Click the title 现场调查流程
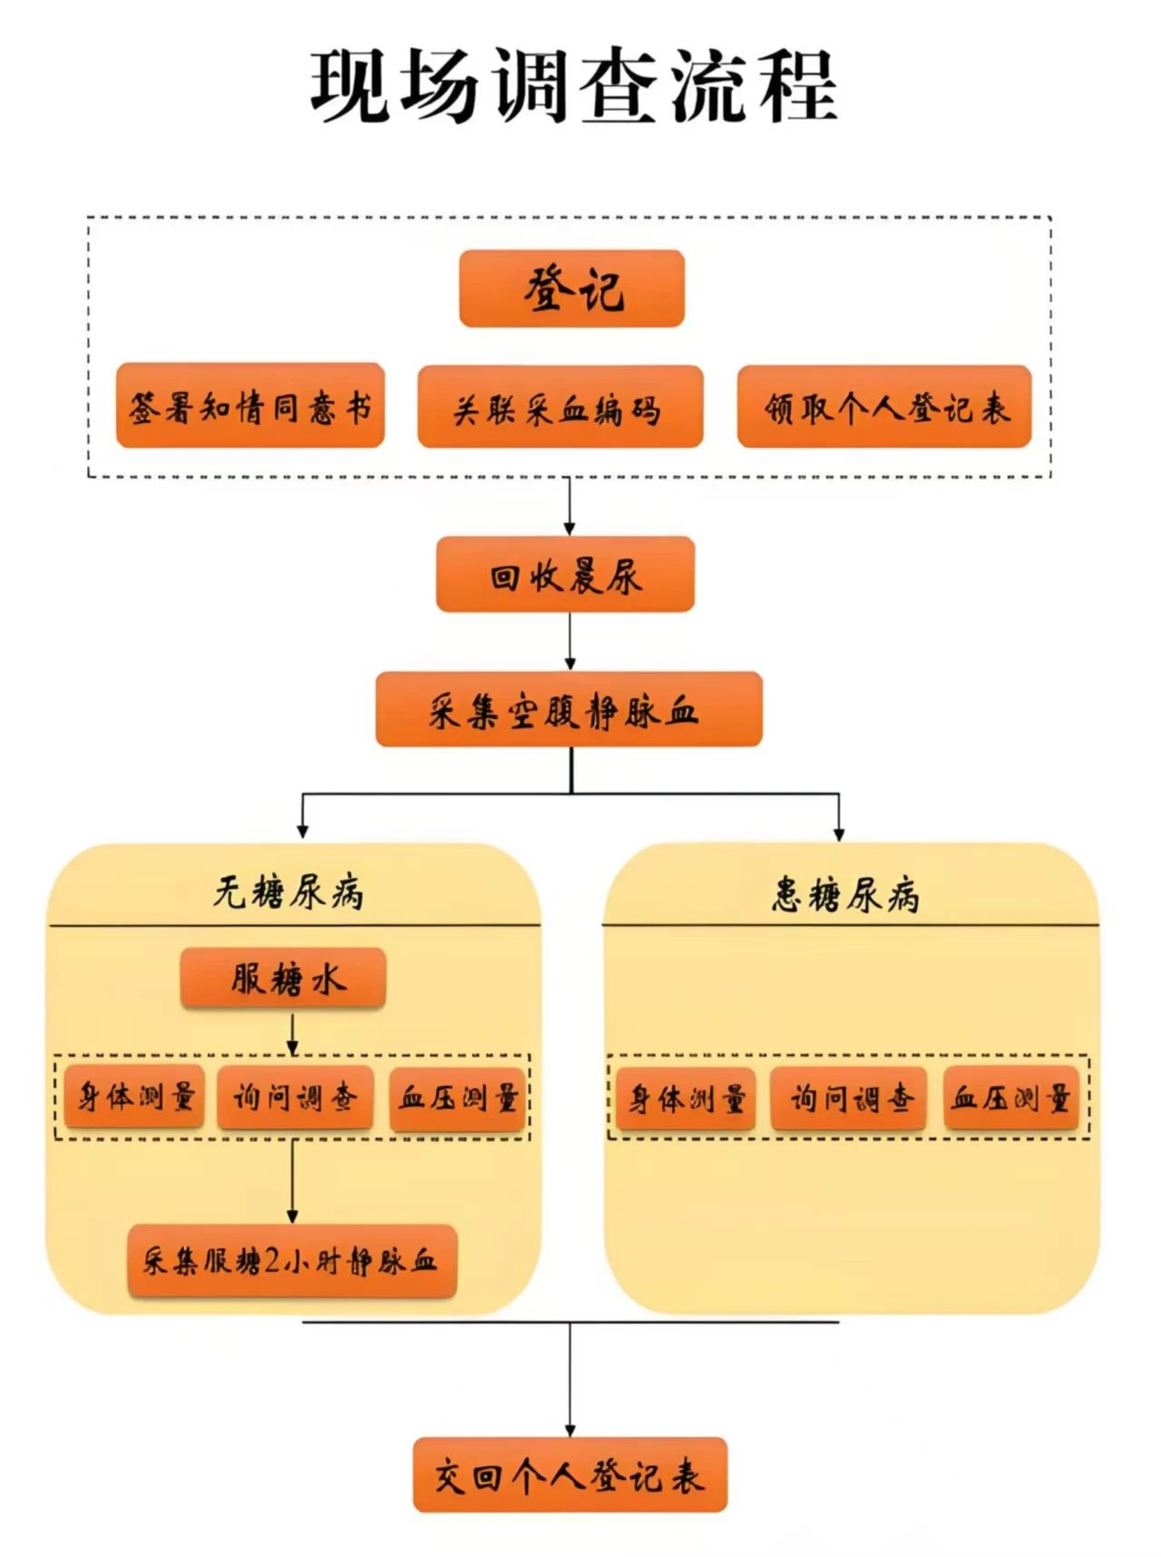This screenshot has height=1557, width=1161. pos(573,86)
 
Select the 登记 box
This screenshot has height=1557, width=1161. pos(571,288)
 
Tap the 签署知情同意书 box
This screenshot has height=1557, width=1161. pos(250,406)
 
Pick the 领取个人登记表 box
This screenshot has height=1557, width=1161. pos(884,407)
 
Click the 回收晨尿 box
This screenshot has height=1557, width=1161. pos(565,575)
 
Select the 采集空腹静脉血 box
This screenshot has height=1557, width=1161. pos(569,710)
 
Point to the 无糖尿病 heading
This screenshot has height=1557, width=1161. pos(288,892)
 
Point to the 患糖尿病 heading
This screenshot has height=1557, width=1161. pos(846,894)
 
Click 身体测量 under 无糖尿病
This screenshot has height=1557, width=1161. pos(134,1097)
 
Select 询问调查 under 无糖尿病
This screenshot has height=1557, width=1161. pos(295,1098)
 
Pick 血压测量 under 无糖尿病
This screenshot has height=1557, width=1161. pos(457,1099)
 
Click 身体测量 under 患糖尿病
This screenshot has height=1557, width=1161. pos(686,1099)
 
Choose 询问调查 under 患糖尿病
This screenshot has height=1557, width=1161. pos(848,1099)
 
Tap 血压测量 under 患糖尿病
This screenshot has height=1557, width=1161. pos(1010,1099)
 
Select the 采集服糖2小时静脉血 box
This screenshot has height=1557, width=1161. pos(291,1260)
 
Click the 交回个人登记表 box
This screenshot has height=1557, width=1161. pos(570,1474)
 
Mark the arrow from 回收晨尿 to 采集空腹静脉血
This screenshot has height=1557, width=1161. pos(570,641)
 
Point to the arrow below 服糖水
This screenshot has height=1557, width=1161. pos(292,1033)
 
